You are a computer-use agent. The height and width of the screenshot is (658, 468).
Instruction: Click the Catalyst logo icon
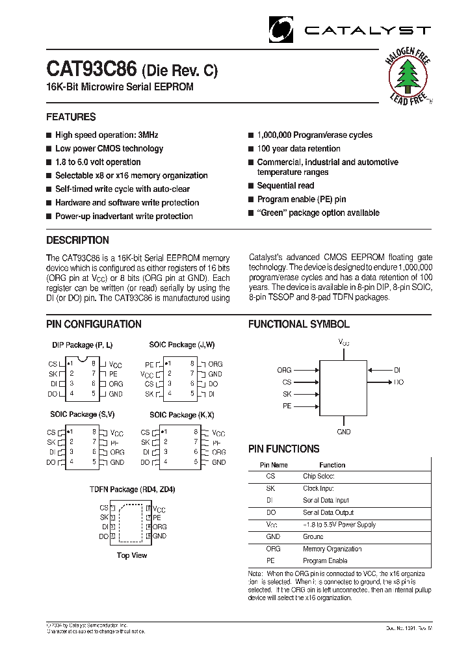(x=281, y=30)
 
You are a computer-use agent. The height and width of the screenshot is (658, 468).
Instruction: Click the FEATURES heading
(x=71, y=117)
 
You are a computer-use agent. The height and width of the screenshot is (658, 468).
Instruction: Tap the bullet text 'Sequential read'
(x=285, y=186)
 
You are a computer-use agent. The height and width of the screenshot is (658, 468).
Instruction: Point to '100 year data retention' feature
(x=298, y=149)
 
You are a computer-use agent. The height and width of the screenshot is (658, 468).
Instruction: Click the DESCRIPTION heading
(x=77, y=241)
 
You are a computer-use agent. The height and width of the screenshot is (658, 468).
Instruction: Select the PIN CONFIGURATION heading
(x=94, y=324)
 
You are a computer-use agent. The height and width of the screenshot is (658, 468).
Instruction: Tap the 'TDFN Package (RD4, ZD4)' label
(x=132, y=490)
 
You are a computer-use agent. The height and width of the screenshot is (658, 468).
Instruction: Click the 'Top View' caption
(x=132, y=555)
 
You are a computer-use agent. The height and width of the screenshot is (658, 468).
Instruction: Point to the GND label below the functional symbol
(x=344, y=432)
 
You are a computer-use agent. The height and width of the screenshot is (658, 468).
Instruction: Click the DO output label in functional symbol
(x=398, y=382)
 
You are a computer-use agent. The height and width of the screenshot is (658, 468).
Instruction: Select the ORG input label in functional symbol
(x=284, y=370)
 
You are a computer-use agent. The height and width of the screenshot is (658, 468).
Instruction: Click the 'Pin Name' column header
(x=274, y=465)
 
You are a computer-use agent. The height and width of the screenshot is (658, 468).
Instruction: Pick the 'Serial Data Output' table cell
(x=328, y=513)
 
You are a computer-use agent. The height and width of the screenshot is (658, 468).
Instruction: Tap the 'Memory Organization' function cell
(x=331, y=549)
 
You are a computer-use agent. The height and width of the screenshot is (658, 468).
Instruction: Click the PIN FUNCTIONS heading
(x=283, y=449)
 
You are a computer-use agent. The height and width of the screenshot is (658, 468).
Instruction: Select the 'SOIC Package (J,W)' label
(x=181, y=345)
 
